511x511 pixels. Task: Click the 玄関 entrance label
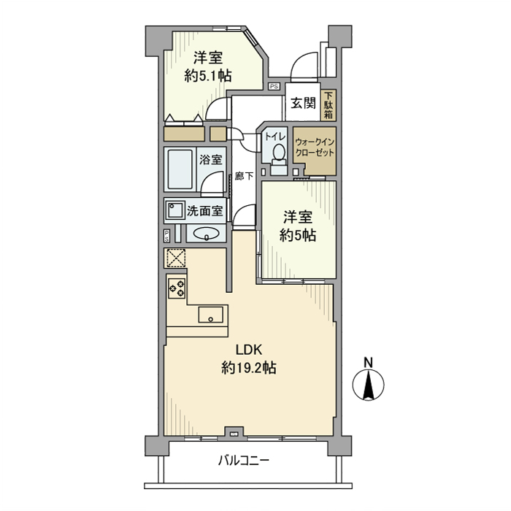click(303, 104)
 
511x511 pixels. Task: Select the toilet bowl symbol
click(278, 153)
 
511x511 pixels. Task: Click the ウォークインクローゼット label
click(315, 148)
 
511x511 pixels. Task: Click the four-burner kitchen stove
click(177, 288)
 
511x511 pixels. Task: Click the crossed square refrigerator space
click(176, 258)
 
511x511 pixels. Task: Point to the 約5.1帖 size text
click(209, 75)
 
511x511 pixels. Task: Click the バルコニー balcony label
click(244, 461)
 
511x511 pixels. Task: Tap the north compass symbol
click(369, 385)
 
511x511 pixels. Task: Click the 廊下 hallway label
click(245, 176)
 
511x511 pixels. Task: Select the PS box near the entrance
click(274, 86)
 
